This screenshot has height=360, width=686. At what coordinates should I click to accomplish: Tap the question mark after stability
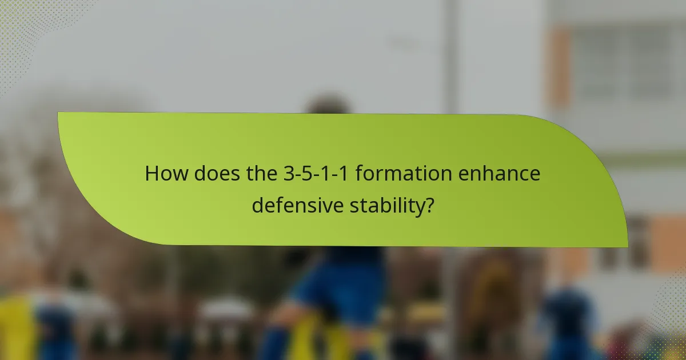click(428, 205)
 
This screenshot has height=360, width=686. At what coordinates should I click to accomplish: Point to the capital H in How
click(151, 174)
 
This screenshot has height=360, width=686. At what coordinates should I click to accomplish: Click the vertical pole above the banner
click(452, 57)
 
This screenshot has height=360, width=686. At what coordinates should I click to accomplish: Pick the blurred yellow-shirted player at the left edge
click(17, 326)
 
